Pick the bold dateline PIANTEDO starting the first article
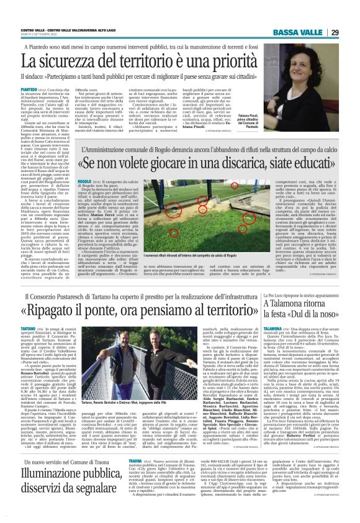pos(29,89)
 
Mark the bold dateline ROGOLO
pos(81,164)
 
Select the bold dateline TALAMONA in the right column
pos(274,327)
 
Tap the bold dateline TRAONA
pos(138,461)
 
